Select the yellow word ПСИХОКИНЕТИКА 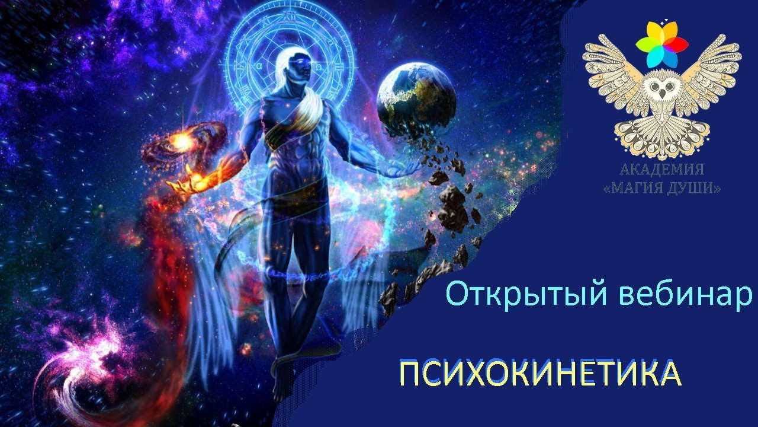click(540, 374)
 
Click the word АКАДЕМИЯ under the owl click(661, 169)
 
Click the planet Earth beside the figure click(416, 99)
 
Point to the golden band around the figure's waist click(294, 195)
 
